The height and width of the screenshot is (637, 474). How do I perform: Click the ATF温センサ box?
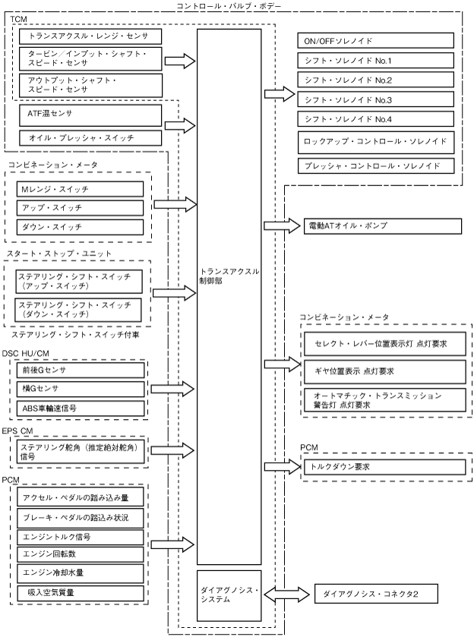pyautogui.click(x=90, y=115)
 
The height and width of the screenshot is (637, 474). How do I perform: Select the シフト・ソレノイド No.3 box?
pyautogui.click(x=375, y=99)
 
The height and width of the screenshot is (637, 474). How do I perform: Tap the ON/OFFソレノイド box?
pyautogui.click(x=375, y=41)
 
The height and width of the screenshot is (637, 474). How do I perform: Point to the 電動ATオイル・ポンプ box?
pyautogui.click(x=383, y=226)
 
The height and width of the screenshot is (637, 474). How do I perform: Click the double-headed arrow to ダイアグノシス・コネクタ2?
pyautogui.click(x=286, y=594)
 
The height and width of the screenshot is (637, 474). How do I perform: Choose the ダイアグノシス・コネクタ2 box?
pyautogui.click(x=376, y=594)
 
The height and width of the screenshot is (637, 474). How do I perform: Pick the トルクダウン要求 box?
pyautogui.click(x=384, y=467)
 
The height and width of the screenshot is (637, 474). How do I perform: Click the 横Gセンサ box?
pyautogui.click(x=81, y=389)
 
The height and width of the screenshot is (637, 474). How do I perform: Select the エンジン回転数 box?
pyautogui.click(x=80, y=554)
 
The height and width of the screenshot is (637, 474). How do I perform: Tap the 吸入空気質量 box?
pyautogui.click(x=80, y=593)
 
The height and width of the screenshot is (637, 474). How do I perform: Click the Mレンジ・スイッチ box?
pyautogui.click(x=80, y=189)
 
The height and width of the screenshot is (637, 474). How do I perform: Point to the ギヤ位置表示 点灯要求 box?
pyautogui.click(x=385, y=371)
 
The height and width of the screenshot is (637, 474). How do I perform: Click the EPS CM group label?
pyautogui.click(x=17, y=430)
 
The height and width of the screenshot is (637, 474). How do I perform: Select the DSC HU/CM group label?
pyautogui.click(x=25, y=354)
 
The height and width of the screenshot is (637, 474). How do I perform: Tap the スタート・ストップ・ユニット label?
pyautogui.click(x=59, y=254)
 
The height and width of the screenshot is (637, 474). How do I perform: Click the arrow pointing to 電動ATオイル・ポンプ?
pyautogui.click(x=282, y=226)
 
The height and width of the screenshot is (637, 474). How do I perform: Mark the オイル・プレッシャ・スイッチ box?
pyautogui.click(x=90, y=138)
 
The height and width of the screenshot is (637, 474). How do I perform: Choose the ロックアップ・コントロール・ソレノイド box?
pyautogui.click(x=376, y=142)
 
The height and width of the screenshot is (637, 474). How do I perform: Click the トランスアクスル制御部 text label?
pyautogui.click(x=229, y=276)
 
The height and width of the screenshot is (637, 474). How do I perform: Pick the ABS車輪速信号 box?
pyautogui.click(x=81, y=408)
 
